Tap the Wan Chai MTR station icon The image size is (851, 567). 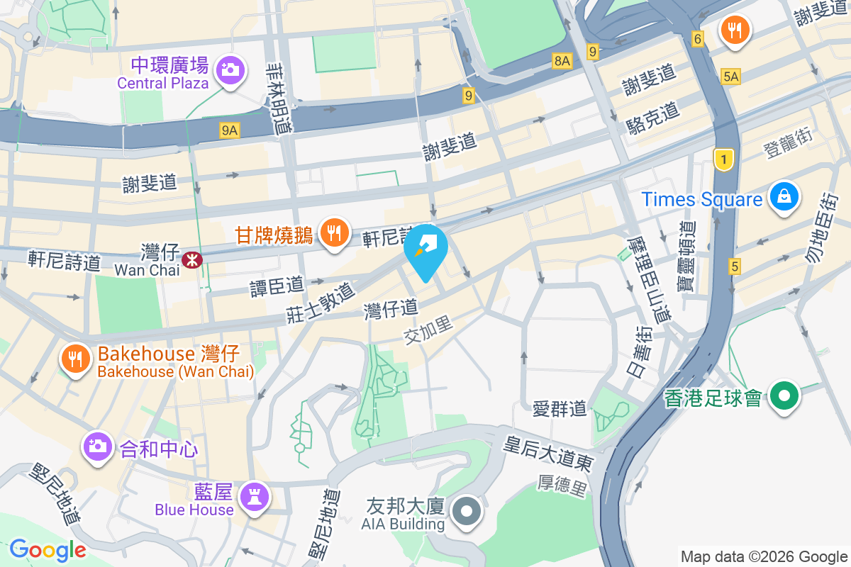point(191,259)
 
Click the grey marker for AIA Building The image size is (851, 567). point(467,512)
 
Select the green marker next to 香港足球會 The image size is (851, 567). point(785,395)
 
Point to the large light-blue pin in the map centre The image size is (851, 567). point(425,250)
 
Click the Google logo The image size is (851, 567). point(48,549)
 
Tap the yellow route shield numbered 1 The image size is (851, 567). point(723,159)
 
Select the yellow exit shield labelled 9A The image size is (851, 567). point(230,130)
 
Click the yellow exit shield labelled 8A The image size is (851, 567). point(562,62)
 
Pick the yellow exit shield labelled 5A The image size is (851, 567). point(730,77)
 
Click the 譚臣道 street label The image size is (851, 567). point(277,286)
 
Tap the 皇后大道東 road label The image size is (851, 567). point(547,454)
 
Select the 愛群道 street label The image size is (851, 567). point(560,408)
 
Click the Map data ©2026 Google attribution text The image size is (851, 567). point(764,556)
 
